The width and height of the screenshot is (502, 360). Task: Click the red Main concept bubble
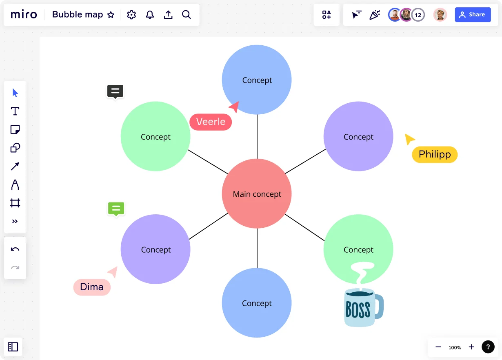257,194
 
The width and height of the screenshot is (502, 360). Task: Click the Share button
473,15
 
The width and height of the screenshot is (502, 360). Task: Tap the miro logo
24,15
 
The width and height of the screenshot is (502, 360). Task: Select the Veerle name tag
211,122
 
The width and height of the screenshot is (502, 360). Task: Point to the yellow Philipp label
435,155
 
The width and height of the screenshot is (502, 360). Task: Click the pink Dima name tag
92,287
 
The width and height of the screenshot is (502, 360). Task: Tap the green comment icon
116,209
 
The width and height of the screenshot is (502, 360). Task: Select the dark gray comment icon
116,91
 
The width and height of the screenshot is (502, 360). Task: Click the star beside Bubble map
111,15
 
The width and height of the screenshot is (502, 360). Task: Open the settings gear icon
131,15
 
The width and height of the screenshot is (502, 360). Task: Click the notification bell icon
150,15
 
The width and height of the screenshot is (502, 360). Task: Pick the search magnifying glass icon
186,15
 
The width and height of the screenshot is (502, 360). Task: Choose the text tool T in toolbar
15,111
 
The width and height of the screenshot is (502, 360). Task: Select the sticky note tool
15,129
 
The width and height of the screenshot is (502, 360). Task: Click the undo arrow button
15,249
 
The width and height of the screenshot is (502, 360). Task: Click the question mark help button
488,347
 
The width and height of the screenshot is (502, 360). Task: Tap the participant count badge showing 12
418,15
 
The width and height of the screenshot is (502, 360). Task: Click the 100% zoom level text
455,347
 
